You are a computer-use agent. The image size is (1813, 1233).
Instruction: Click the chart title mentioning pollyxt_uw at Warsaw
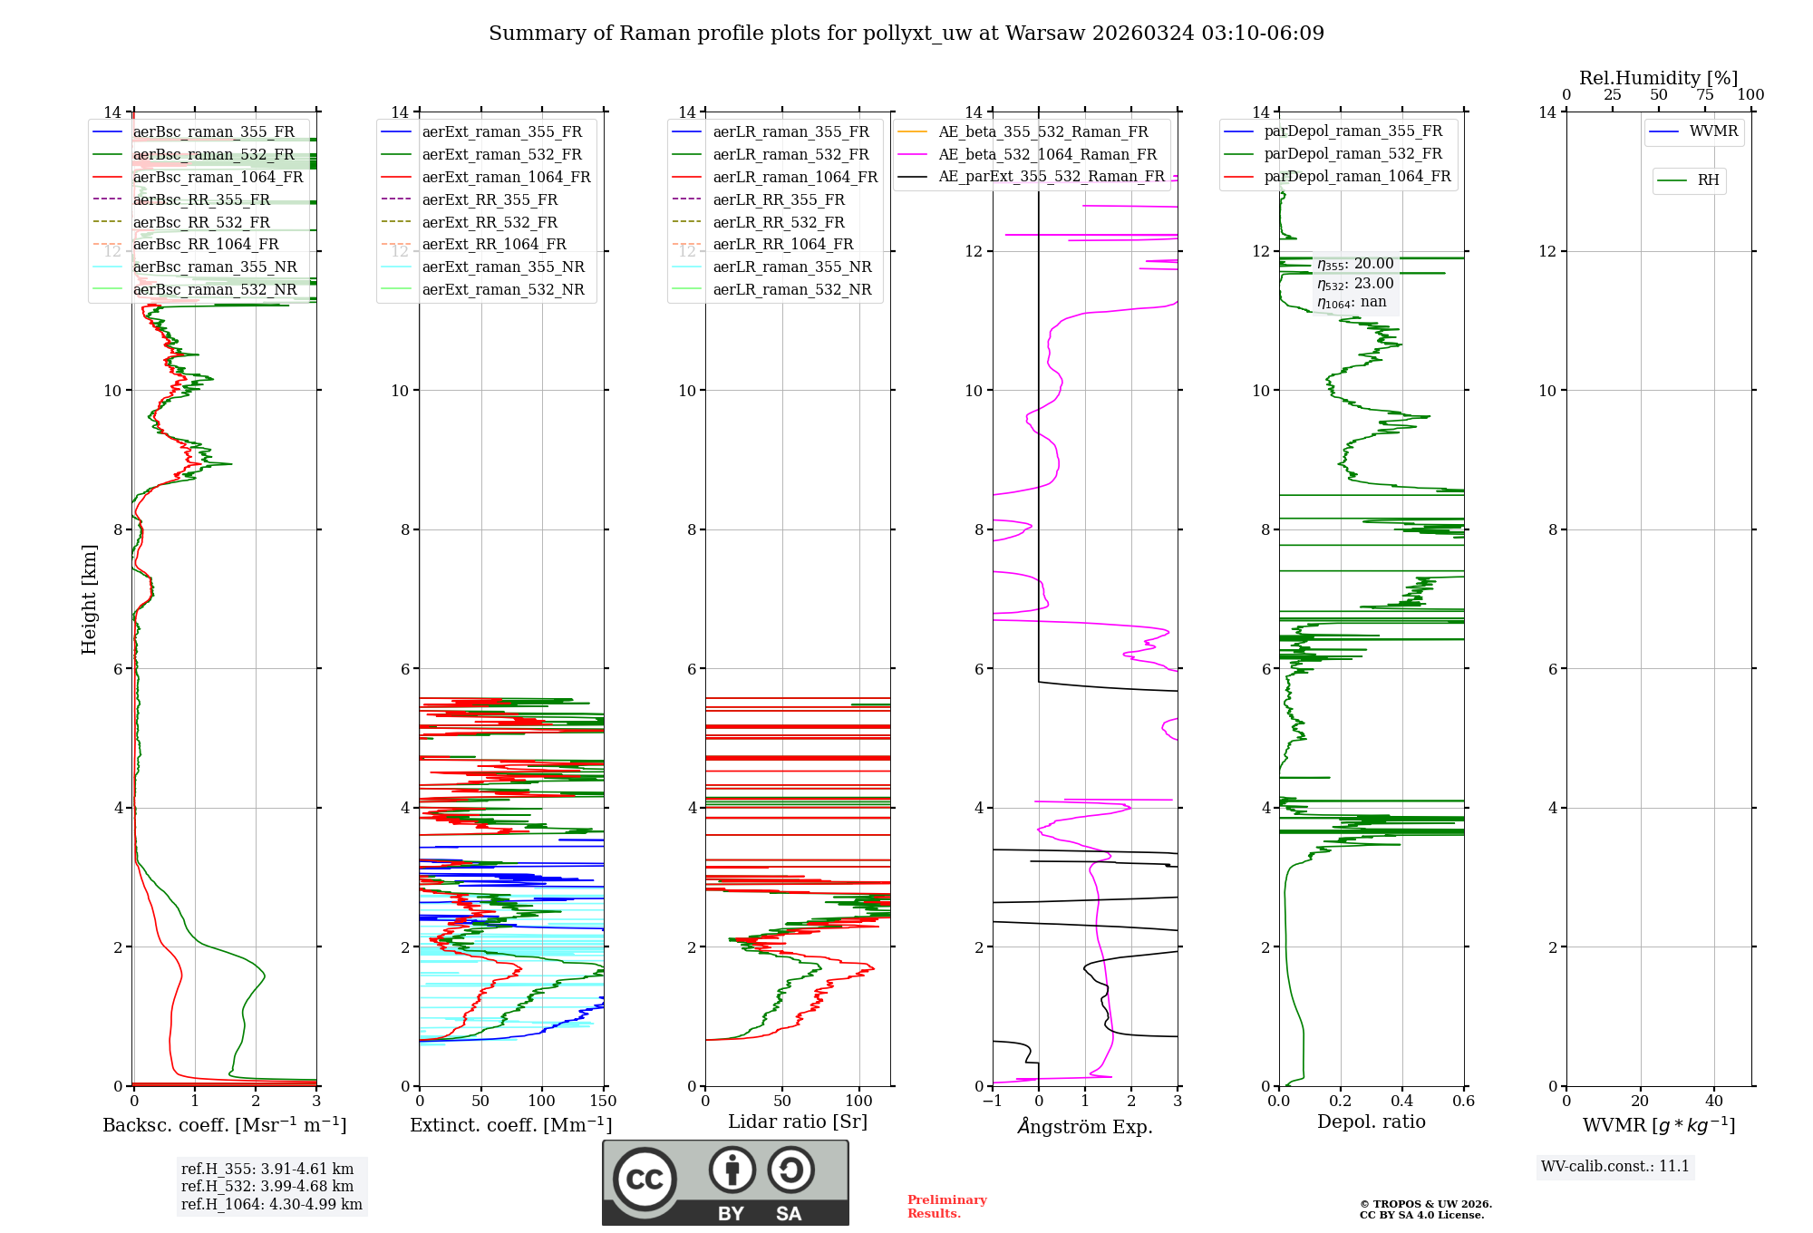click(x=906, y=34)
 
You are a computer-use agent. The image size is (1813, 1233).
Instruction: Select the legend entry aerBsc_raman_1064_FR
click(x=218, y=177)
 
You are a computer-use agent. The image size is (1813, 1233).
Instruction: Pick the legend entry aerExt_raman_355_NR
click(x=503, y=267)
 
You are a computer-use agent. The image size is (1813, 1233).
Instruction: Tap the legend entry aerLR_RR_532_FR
click(x=778, y=222)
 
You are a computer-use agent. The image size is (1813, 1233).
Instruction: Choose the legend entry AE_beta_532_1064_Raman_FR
click(x=1047, y=154)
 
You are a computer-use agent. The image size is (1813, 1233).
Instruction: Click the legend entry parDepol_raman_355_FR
click(x=1352, y=131)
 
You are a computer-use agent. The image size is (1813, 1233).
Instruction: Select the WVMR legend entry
click(x=1712, y=131)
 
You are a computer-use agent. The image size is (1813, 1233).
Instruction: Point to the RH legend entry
click(x=1708, y=180)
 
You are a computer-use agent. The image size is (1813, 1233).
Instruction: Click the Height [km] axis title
click(x=89, y=598)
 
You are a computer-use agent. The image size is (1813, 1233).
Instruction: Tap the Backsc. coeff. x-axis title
click(x=224, y=1125)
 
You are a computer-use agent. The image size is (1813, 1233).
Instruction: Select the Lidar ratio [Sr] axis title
click(x=797, y=1121)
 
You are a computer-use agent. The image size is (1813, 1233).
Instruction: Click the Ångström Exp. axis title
click(x=1084, y=1126)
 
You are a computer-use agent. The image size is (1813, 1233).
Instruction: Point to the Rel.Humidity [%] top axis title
click(x=1658, y=78)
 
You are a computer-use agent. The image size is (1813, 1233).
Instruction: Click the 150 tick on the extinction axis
click(x=602, y=1102)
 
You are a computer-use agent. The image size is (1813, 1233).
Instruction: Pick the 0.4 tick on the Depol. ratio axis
click(x=1401, y=1102)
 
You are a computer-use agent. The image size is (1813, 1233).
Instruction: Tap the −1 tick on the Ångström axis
click(x=992, y=1102)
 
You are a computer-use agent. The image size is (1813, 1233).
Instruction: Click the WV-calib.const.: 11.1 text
click(x=1614, y=1166)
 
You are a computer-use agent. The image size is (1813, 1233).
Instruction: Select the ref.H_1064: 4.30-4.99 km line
click(x=271, y=1204)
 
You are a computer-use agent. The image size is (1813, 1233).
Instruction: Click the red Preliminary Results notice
click(x=946, y=1206)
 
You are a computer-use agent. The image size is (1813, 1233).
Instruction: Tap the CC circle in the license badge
click(x=645, y=1179)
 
